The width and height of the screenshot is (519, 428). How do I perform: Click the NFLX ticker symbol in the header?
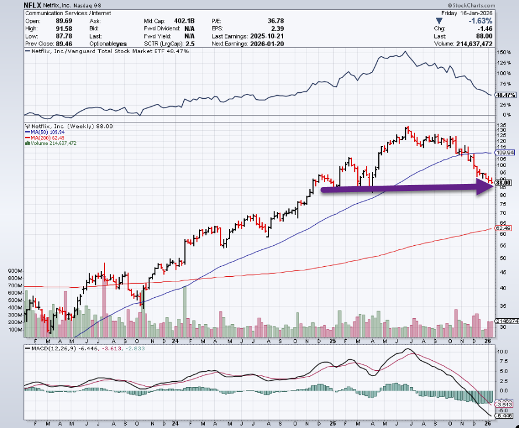[x=32, y=4]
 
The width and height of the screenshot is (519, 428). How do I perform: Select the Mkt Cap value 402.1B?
[x=183, y=20]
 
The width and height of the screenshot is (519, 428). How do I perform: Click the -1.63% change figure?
[x=504, y=20]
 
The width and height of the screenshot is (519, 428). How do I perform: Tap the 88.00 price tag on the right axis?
[x=503, y=183]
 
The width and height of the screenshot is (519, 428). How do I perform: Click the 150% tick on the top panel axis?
[x=502, y=52]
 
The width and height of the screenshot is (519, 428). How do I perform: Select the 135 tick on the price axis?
[x=500, y=125]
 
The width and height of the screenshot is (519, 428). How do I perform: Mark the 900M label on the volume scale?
[x=15, y=272]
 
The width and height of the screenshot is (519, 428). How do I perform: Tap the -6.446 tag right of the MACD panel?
[x=503, y=416]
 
